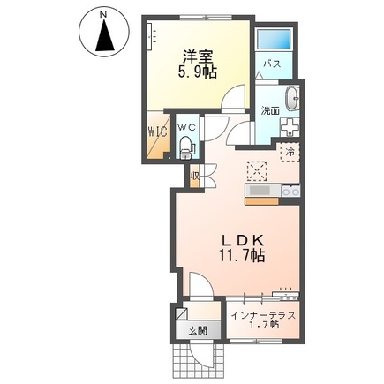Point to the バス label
(x=275, y=64)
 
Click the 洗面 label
(x=269, y=110)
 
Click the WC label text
(x=187, y=126)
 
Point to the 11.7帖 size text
(x=236, y=257)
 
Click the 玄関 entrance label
(x=196, y=331)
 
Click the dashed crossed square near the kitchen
(x=258, y=169)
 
